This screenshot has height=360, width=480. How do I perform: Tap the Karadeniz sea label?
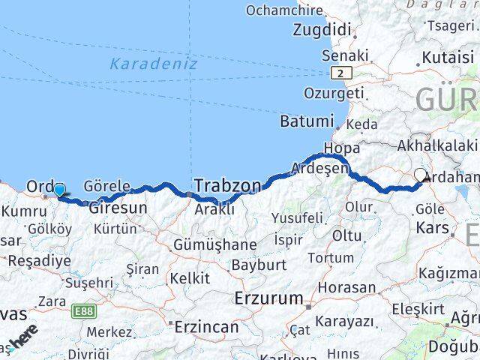coord(154,64)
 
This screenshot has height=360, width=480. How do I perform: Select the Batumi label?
coord(306,121)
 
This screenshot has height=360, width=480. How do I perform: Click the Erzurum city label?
coord(268,298)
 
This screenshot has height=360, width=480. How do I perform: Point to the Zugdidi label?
coord(322,30)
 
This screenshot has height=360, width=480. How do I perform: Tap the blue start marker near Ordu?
coord(59,191)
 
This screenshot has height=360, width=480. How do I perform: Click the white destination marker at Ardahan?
coord(421,176)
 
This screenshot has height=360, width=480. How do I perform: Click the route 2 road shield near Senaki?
coord(342,73)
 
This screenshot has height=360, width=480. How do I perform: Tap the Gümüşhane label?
coord(214,245)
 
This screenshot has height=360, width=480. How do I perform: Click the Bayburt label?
coord(259,265)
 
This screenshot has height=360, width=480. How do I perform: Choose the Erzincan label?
coord(207,327)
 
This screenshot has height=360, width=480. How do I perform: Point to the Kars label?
coord(433,227)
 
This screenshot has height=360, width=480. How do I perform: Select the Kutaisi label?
coord(448,57)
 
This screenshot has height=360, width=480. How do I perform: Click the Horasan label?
coord(346,287)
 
